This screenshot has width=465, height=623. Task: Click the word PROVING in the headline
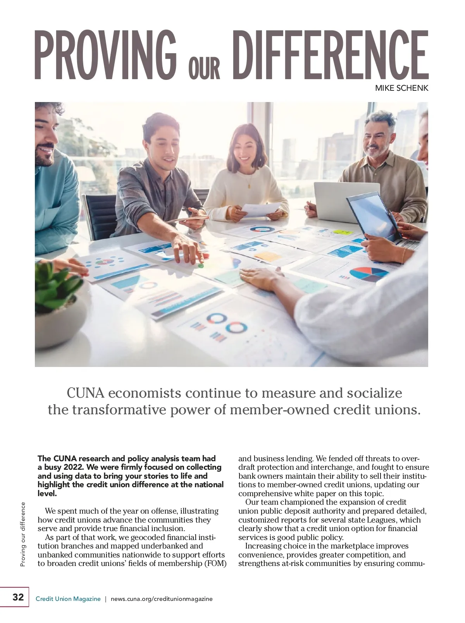[105, 54]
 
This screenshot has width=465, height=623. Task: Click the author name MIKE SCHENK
[401, 88]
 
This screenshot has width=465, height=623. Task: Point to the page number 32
[18, 597]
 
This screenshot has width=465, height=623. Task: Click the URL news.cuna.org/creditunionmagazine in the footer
[162, 599]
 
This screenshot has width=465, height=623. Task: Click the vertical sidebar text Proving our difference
[23, 534]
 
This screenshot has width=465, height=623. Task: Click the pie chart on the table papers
[369, 273]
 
